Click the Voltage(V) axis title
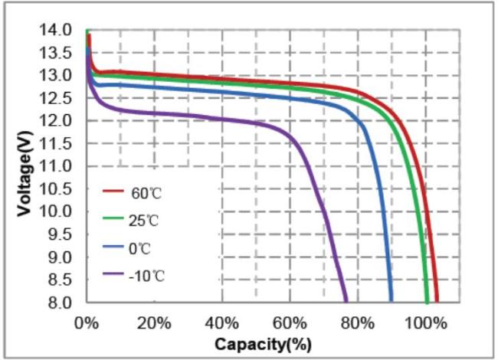pos(25,166)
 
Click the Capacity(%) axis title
pos(263,345)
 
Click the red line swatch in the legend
pos(113,191)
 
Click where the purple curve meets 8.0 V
pos(346,302)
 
